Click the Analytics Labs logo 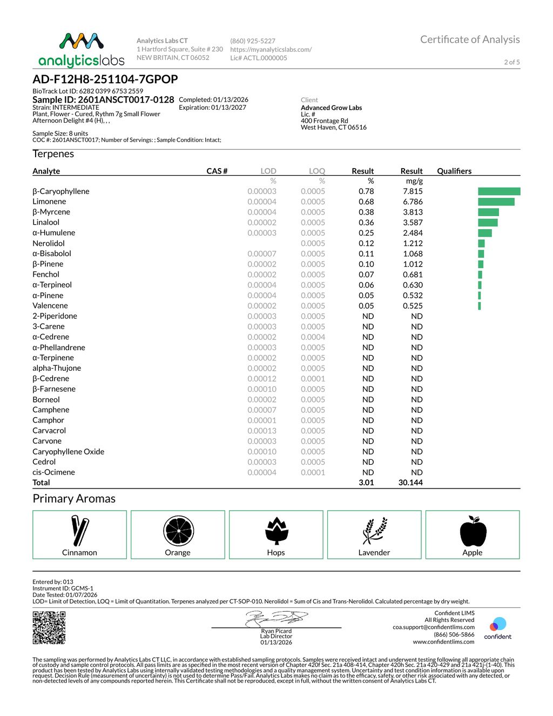(x=82, y=50)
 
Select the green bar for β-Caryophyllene (x=499, y=191)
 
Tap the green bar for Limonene (x=496, y=202)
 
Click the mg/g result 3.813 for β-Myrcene (x=413, y=212)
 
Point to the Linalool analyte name (x=46, y=222)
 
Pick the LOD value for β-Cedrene (x=262, y=379)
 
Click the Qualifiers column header (x=454, y=171)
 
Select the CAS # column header (x=217, y=171)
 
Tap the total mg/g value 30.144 (x=410, y=483)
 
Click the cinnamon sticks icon (x=79, y=531)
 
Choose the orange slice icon (x=178, y=531)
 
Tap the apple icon (x=473, y=531)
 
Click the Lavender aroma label (x=374, y=552)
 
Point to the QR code (x=49, y=627)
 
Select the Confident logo (x=497, y=628)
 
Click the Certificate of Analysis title (x=470, y=39)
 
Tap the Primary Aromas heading (x=74, y=498)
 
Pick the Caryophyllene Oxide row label (x=68, y=451)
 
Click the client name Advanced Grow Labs (x=331, y=108)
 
